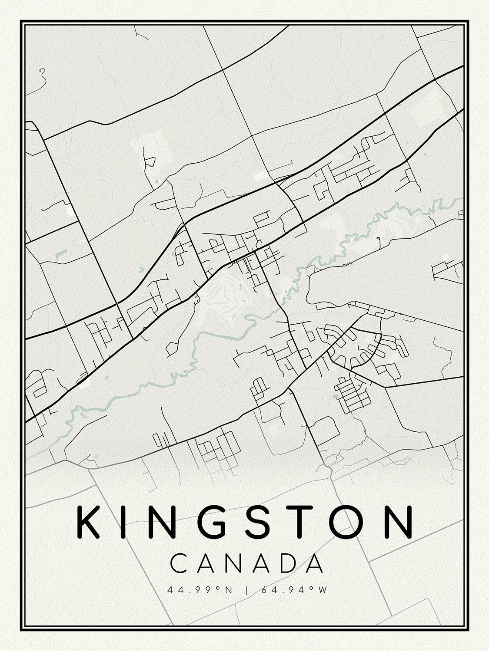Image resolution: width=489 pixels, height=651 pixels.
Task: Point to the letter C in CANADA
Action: pyautogui.click(x=179, y=563)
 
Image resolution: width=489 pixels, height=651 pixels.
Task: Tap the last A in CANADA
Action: pyautogui.click(x=314, y=563)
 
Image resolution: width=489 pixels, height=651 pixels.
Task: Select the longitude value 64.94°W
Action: pyautogui.click(x=292, y=590)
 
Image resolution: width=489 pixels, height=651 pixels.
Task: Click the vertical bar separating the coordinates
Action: pyautogui.click(x=246, y=590)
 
